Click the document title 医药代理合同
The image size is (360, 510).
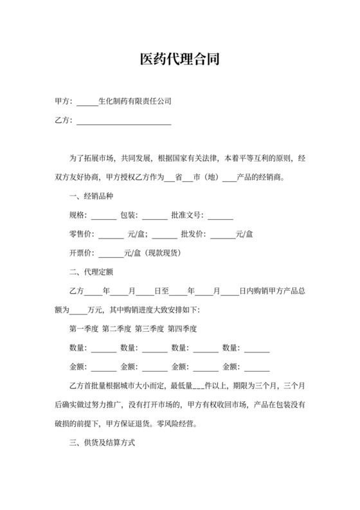180,60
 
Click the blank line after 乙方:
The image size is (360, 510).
123,120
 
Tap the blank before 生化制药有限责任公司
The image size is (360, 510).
87,102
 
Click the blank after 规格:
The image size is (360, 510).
104,215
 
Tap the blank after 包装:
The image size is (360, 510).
154,215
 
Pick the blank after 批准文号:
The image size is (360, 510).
220,215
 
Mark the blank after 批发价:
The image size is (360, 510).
223,234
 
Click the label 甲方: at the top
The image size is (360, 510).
64,102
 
